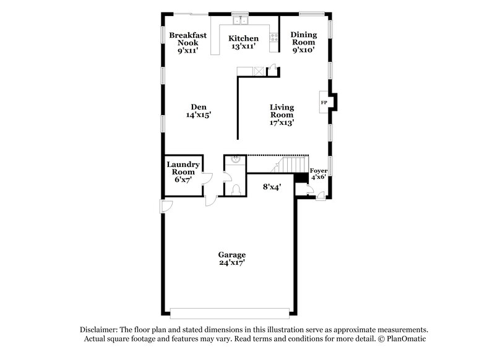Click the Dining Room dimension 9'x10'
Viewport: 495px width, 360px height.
(x=304, y=51)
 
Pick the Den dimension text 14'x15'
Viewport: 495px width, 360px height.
(x=199, y=114)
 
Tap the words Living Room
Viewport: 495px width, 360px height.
(x=281, y=111)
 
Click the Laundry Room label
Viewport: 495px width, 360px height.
(x=183, y=168)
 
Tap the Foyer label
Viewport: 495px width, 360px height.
(x=318, y=169)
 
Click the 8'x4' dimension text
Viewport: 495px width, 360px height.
(x=272, y=186)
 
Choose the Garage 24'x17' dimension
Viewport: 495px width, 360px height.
(x=232, y=262)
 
